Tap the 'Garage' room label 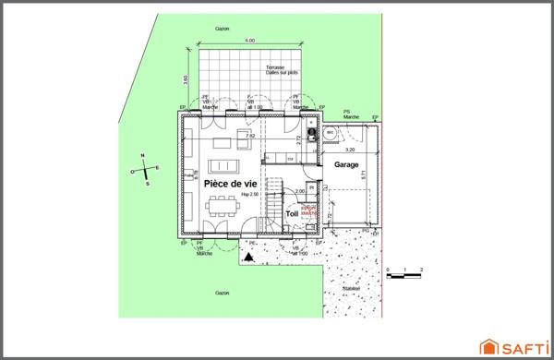coord(346,164)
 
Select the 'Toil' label coord(292,213)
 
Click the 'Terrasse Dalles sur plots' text coord(281,71)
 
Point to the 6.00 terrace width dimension coord(250,42)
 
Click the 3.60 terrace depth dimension coord(187,78)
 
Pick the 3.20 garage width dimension coord(349,149)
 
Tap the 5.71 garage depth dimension coord(364,174)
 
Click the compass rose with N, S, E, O coord(146,170)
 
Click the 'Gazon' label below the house coord(222,293)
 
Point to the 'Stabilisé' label coord(352,287)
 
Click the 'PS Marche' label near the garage coord(351,114)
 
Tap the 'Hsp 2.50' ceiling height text coord(251,196)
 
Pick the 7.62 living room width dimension coord(249,136)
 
